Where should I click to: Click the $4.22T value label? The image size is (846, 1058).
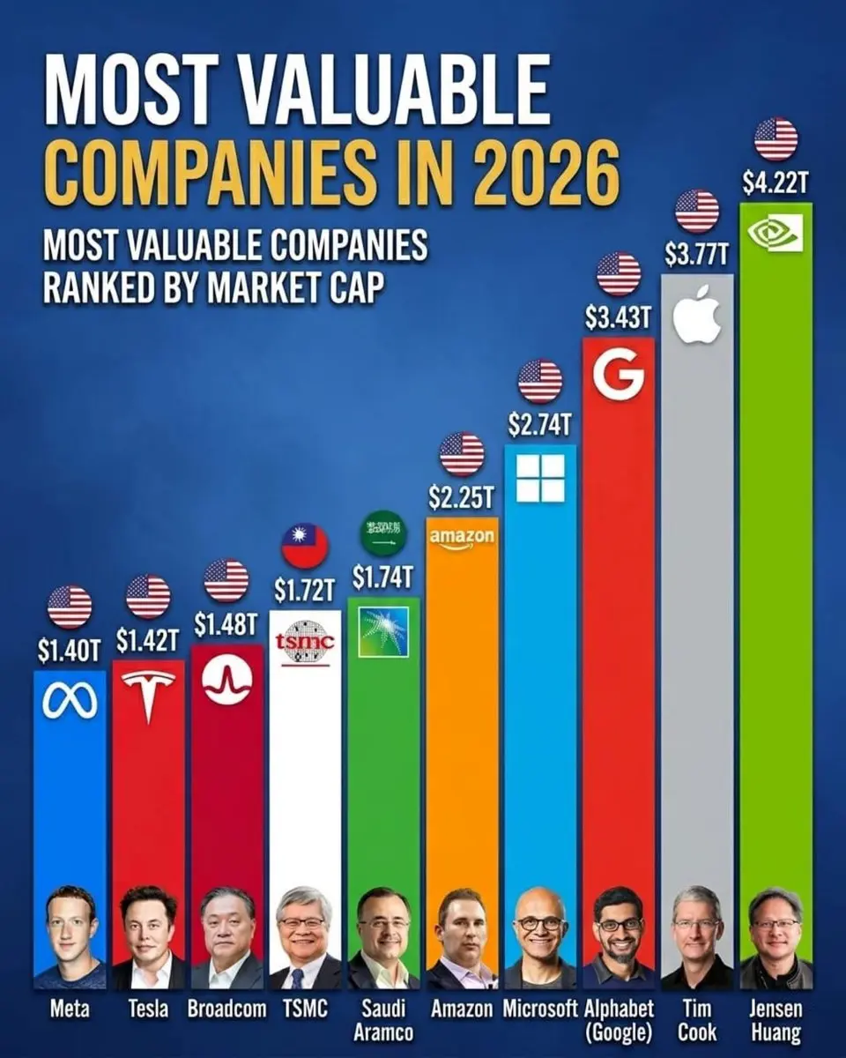click(775, 183)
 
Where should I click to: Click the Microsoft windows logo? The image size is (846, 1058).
click(540, 478)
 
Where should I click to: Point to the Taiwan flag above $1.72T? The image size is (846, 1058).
click(305, 547)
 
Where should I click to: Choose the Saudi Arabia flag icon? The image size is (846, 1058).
click(383, 533)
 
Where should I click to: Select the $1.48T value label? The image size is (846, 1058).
click(226, 624)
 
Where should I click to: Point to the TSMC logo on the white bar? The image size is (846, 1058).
click(305, 641)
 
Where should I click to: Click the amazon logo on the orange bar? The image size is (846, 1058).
click(462, 538)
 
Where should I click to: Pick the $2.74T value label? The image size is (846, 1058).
click(540, 424)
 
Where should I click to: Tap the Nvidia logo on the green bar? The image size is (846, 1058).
click(775, 233)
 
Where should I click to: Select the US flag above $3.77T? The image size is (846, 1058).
click(697, 212)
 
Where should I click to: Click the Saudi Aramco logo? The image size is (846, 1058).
click(383, 632)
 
